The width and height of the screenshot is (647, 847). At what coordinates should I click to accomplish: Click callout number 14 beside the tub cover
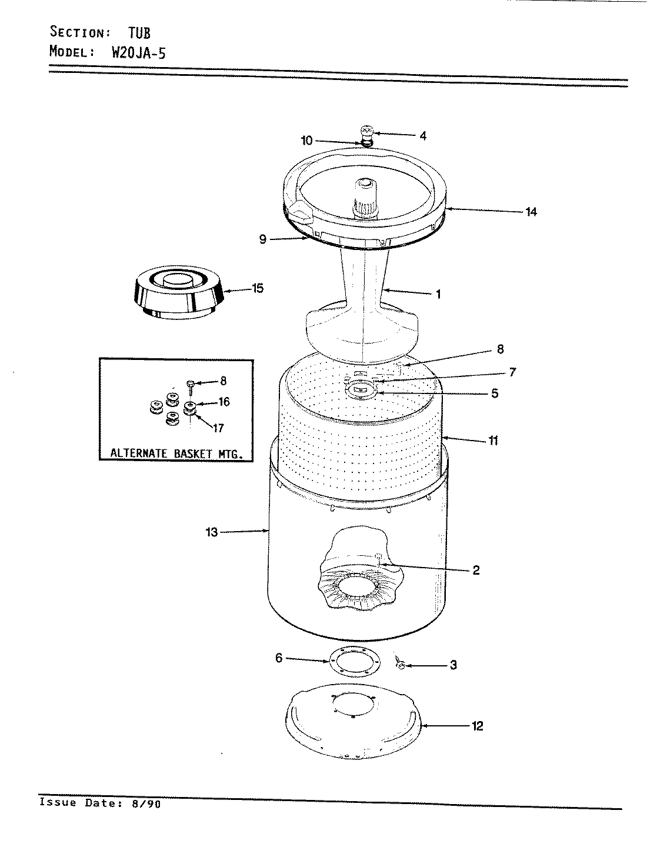(x=531, y=212)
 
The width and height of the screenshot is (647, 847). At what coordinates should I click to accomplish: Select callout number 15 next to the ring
(x=257, y=288)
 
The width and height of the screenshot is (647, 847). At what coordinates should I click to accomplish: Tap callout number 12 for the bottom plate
(x=477, y=726)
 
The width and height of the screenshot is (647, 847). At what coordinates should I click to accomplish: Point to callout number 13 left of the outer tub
(x=212, y=532)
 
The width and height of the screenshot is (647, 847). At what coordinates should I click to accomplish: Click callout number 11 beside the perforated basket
(x=493, y=440)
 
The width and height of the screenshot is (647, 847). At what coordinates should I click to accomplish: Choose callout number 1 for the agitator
(x=438, y=294)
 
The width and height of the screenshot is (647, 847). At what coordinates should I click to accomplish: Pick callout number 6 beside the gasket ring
(x=279, y=659)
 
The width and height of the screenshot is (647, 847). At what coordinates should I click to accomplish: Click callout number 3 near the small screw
(x=453, y=665)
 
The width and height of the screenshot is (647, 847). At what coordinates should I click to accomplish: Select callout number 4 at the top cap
(x=422, y=135)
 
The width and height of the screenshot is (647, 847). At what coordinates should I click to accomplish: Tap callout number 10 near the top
(x=306, y=141)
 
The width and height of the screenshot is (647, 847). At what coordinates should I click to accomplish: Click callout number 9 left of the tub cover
(x=262, y=239)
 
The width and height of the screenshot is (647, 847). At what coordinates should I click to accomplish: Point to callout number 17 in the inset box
(x=218, y=428)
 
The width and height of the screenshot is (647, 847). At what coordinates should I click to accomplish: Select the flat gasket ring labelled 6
(x=352, y=662)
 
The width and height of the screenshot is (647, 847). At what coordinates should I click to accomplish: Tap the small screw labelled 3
(x=400, y=665)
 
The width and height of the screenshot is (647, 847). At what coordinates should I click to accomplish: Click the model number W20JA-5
(x=138, y=52)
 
